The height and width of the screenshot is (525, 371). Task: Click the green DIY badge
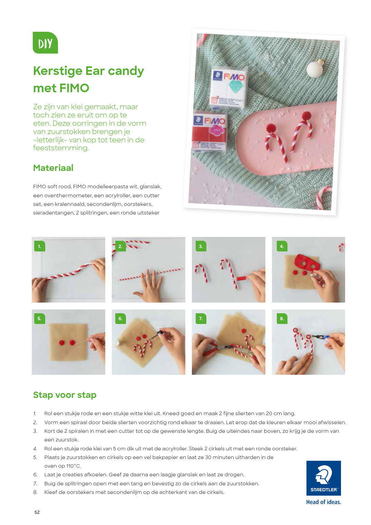tap(45, 43)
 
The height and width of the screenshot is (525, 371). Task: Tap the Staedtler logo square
tap(323, 478)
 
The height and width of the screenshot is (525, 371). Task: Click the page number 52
tap(37, 512)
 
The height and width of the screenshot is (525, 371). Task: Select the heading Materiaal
tap(53, 168)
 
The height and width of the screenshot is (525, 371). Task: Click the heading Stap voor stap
tap(65, 395)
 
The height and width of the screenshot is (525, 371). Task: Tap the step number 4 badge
tap(282, 246)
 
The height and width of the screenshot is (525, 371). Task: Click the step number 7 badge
tap(201, 318)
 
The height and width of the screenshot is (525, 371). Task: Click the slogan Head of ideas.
tap(323, 502)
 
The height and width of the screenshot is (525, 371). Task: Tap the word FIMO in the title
tap(74, 88)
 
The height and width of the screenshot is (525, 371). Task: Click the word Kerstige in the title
tap(58, 71)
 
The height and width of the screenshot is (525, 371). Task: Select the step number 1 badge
tap(40, 246)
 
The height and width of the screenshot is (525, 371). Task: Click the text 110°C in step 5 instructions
tap(74, 466)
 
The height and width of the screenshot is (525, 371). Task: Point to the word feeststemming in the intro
tap(61, 148)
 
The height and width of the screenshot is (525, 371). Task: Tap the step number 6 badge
tap(121, 318)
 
